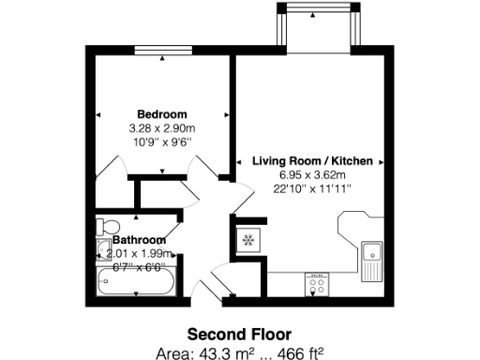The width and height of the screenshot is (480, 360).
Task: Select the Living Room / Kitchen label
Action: click(312, 161)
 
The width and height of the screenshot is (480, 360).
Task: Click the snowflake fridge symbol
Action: click(249, 240)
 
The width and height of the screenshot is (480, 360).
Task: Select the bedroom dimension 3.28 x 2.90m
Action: click(161, 128)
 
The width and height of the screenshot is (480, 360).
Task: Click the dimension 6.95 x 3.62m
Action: click(312, 175)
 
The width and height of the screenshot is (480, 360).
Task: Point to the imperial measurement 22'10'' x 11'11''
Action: click(312, 189)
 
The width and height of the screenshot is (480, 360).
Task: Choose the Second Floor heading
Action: click(239, 334)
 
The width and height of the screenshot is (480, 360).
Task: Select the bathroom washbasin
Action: click(102, 248)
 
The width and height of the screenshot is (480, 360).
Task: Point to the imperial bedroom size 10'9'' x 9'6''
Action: click(161, 142)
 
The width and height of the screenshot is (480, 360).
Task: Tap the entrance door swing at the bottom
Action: click(208, 285)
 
